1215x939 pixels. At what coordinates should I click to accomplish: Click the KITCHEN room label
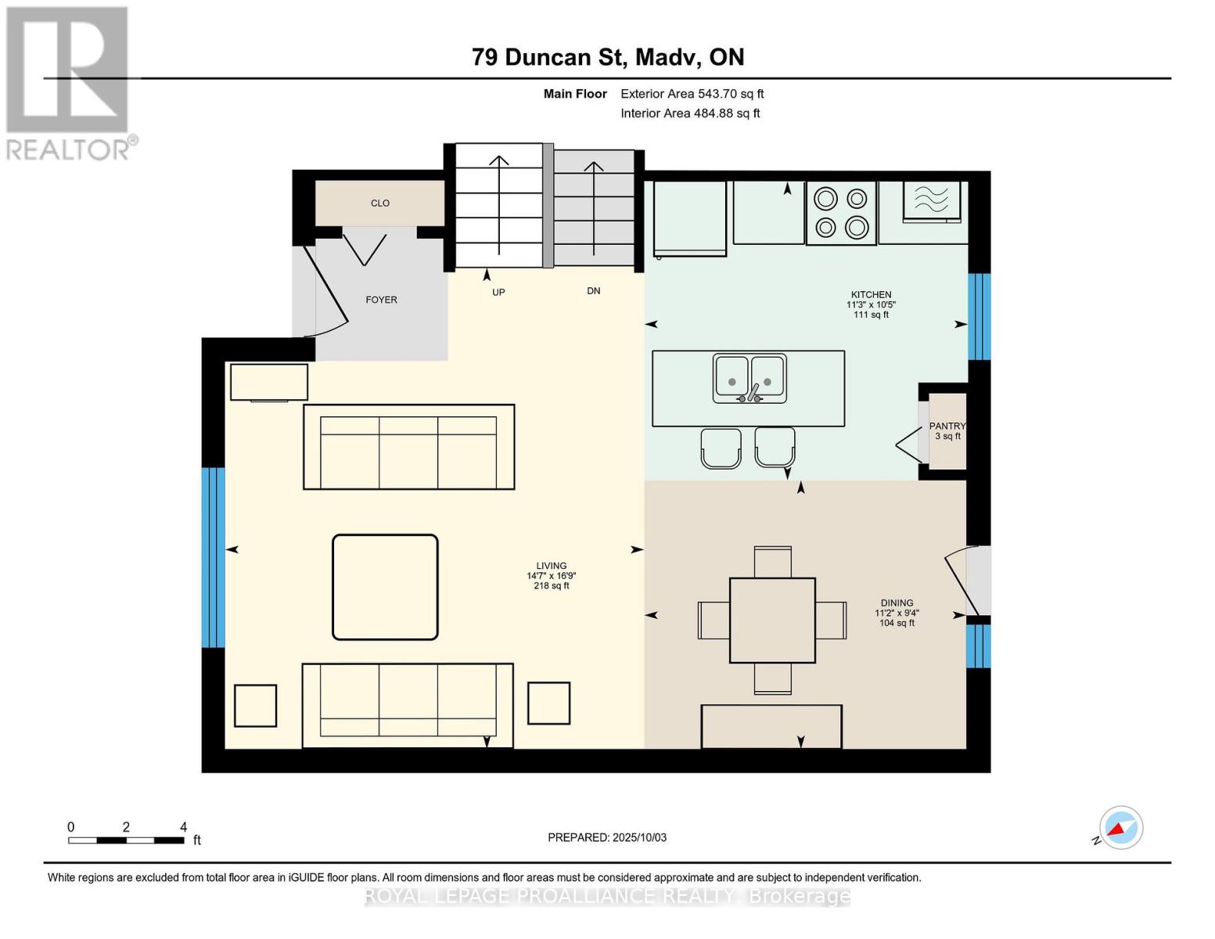[871, 295]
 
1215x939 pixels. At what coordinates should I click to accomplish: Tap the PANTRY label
[947, 426]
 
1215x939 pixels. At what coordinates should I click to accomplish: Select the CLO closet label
[380, 203]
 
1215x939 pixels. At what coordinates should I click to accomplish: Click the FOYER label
[382, 300]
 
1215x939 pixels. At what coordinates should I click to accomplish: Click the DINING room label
[896, 603]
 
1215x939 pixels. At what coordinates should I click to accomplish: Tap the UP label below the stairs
[498, 293]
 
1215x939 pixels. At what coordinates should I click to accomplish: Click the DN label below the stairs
[594, 291]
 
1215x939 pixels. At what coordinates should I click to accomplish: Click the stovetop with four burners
[841, 213]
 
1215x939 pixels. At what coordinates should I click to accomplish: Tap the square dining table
[772, 621]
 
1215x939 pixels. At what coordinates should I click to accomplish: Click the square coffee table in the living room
[385, 587]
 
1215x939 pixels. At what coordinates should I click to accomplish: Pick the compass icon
[1120, 828]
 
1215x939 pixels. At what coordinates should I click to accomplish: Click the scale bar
[127, 840]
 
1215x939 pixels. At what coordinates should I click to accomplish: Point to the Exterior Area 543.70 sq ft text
[692, 94]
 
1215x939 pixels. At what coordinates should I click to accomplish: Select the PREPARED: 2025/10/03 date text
[607, 838]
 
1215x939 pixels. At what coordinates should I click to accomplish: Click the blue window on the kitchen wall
[980, 316]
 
